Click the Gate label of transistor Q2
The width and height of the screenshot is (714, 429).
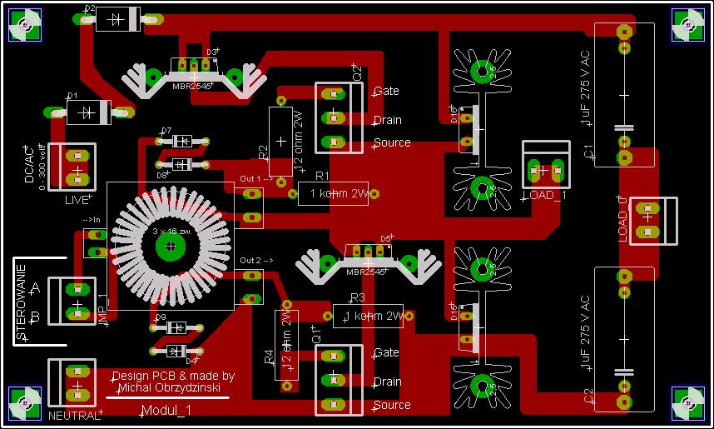[x=386, y=91]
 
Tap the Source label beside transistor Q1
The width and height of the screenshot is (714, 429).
[x=392, y=405]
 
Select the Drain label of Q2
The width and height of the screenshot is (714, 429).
[x=387, y=120]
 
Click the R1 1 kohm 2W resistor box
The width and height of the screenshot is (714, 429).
[x=333, y=194]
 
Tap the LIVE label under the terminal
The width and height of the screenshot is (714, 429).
[x=77, y=201]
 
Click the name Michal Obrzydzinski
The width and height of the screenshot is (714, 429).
[x=173, y=387]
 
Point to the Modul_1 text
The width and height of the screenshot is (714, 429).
[x=166, y=411]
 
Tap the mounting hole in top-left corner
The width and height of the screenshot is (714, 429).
[x=25, y=25]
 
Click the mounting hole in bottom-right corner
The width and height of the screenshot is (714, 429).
[x=688, y=403]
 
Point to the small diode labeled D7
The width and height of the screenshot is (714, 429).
[x=185, y=140]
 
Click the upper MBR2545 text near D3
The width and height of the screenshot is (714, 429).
[x=192, y=85]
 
